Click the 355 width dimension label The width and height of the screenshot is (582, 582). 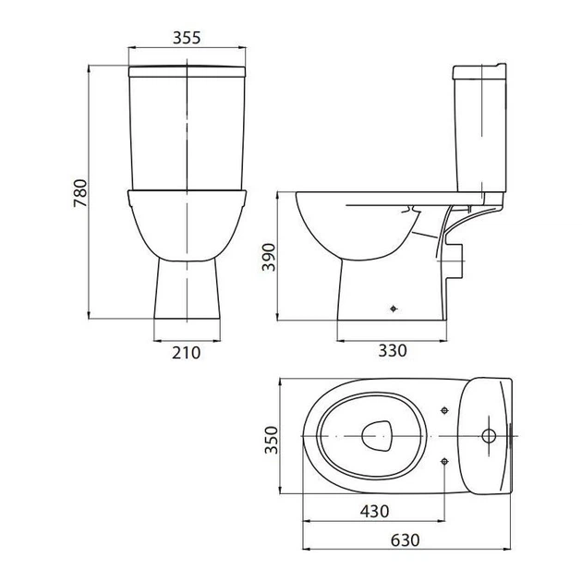pos(187,38)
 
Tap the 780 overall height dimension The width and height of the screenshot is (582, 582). pos(80,193)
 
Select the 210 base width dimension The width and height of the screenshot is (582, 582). pos(186,353)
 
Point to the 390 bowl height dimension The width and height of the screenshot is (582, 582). pos(268,257)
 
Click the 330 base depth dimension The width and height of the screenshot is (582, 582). pos(393,350)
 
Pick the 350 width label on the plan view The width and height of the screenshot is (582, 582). pos(271,440)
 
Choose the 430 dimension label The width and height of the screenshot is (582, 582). pos(374,512)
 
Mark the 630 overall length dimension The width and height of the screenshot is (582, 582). pos(405,540)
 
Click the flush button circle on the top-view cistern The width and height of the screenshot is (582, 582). pos(489,436)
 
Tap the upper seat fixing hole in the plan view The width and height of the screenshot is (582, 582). pos(444,410)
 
